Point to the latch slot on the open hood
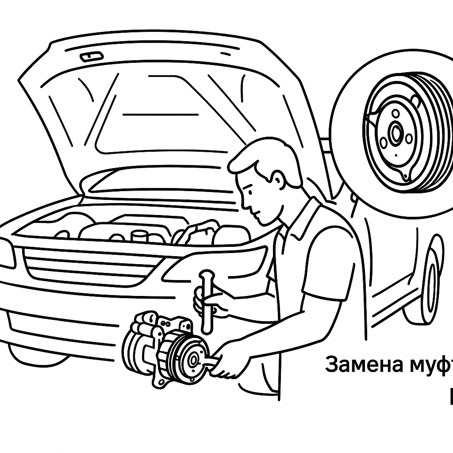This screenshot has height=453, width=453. [x=92, y=57]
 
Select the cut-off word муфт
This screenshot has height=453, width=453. [x=427, y=365]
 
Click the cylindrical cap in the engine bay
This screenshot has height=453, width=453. [x=141, y=236]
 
